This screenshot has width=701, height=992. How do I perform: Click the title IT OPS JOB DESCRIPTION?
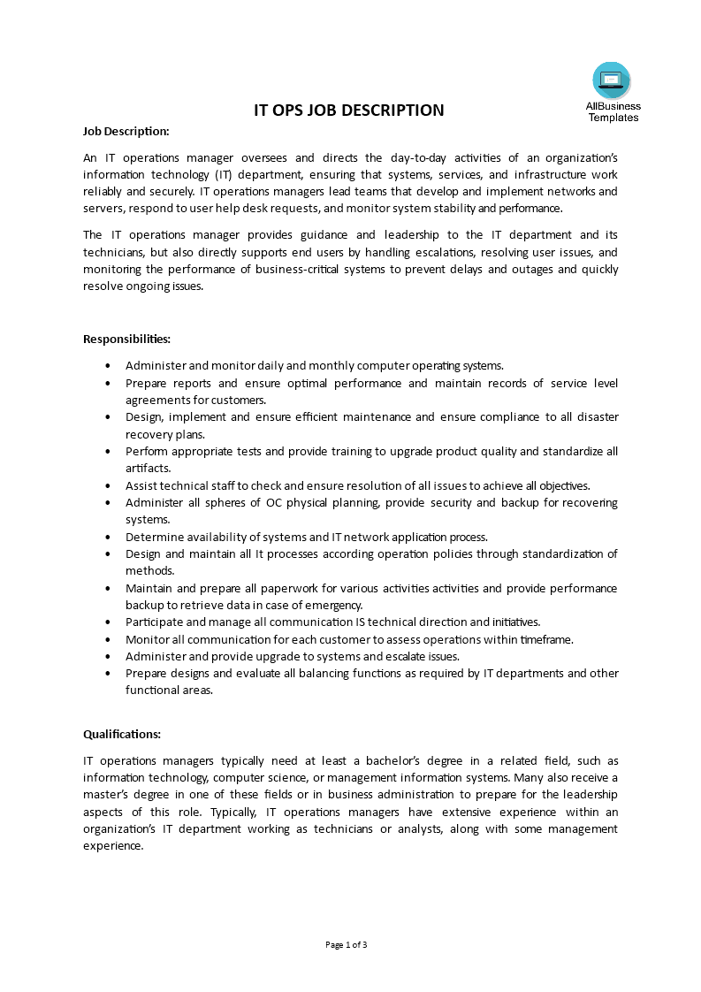click(x=349, y=111)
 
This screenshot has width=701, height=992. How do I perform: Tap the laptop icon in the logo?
click(x=611, y=80)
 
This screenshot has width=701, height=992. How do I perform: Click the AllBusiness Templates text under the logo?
click(x=613, y=111)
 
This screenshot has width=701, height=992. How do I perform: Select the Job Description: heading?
click(x=126, y=131)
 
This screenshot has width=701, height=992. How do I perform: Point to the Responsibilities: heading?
click(x=126, y=339)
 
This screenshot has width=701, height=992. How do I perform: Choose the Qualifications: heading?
click(x=122, y=734)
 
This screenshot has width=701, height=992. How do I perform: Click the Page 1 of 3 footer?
click(x=347, y=944)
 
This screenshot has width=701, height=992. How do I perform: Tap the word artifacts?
click(x=148, y=469)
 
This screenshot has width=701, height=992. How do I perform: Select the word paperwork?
click(x=271, y=588)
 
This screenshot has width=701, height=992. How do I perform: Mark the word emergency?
click(x=331, y=605)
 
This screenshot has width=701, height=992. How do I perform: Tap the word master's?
click(x=108, y=795)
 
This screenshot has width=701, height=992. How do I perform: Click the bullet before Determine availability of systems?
click(x=108, y=537)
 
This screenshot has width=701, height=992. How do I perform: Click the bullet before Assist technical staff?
click(x=108, y=485)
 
